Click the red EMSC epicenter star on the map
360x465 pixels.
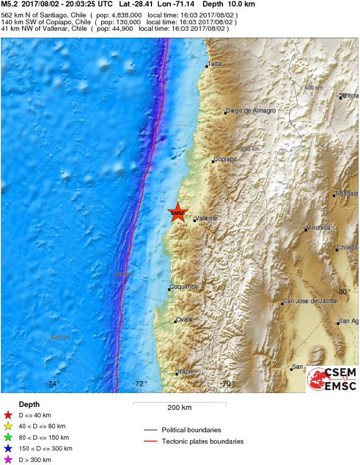[178, 213]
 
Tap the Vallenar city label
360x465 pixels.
[207, 218]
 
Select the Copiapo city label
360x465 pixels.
[224, 160]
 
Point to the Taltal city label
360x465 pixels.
[216, 64]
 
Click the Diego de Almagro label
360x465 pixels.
[251, 111]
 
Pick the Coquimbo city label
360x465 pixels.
[185, 286]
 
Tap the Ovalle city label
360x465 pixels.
[185, 319]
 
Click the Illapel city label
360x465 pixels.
[185, 371]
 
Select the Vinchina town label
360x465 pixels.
[319, 228]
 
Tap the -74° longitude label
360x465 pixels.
[53, 383]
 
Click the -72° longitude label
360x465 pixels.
[141, 383]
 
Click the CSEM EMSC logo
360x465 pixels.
[332, 378]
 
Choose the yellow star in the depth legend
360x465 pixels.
[8, 426]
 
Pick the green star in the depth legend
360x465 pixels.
[8, 437]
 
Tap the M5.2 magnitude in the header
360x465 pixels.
[10, 4]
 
